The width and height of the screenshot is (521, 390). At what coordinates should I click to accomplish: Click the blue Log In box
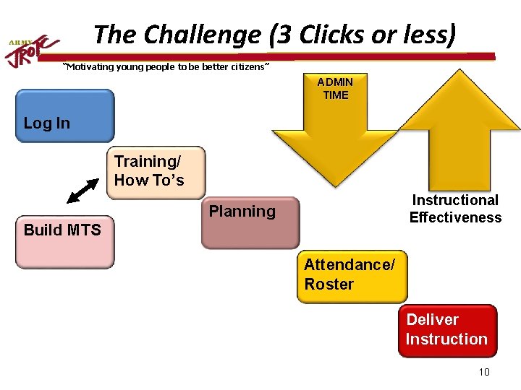[65, 116]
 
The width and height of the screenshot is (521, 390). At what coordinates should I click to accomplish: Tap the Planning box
[250, 222]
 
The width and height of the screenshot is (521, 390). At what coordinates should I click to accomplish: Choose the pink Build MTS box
[65, 242]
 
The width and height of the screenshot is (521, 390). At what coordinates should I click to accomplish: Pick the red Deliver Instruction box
[447, 331]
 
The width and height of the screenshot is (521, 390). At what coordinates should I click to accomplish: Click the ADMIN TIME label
[336, 89]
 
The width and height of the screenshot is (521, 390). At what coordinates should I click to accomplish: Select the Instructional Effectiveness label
[455, 209]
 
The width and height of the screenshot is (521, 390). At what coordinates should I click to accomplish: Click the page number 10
[484, 372]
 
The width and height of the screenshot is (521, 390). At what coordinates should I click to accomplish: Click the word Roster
[329, 285]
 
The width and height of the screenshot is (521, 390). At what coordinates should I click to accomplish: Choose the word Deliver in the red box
[432, 320]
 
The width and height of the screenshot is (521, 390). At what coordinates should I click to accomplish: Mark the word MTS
[85, 230]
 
